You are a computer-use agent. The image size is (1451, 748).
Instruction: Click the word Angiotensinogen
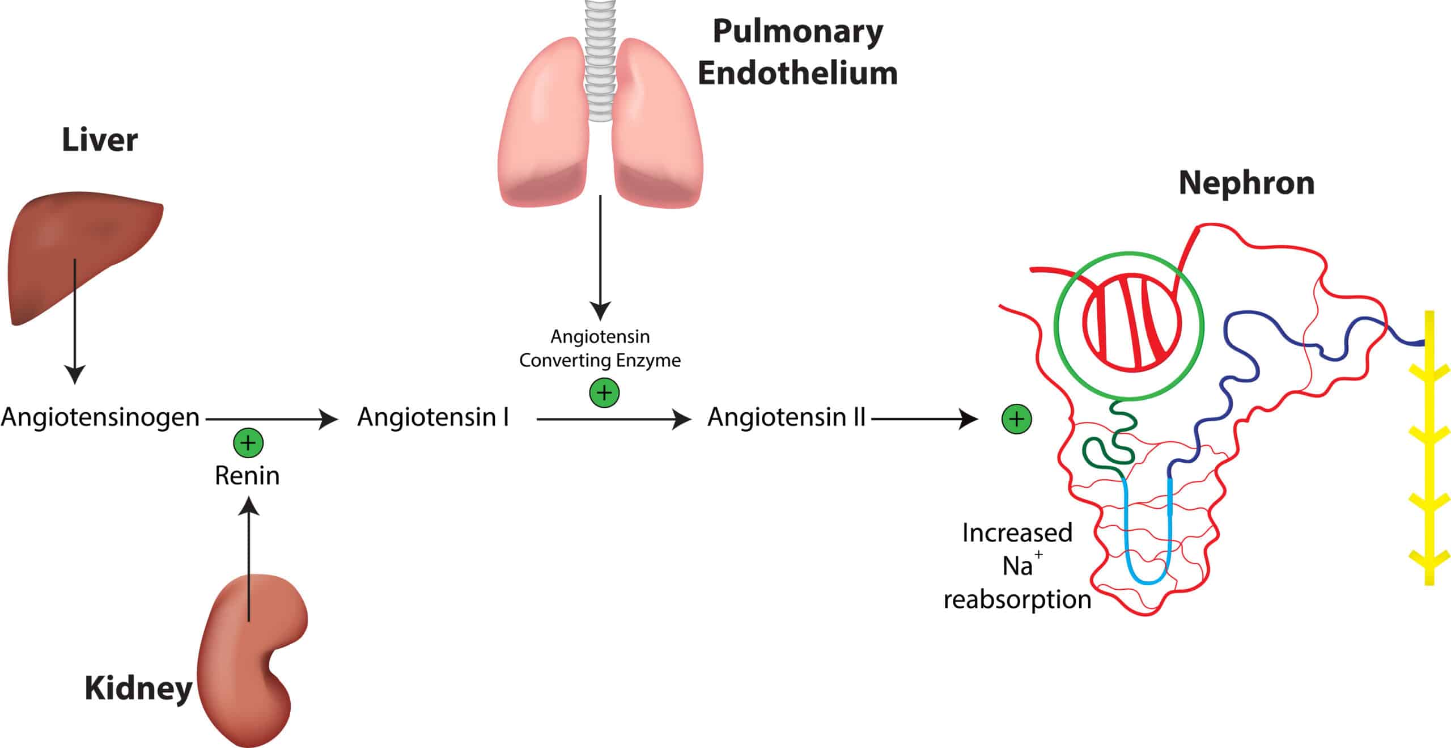100,418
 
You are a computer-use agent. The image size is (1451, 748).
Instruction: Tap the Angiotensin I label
433,418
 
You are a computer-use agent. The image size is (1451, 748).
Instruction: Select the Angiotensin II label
786,418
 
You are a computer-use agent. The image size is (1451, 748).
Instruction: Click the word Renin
247,476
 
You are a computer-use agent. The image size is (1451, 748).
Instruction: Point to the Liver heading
100,140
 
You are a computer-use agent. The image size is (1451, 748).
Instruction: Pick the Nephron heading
1246,183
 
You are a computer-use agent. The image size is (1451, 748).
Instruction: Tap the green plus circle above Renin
248,443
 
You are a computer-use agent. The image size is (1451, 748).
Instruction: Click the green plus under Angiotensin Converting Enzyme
604,392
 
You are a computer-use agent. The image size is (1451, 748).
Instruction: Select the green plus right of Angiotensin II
1017,419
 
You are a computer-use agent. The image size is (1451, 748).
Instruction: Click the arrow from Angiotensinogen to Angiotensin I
272,419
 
